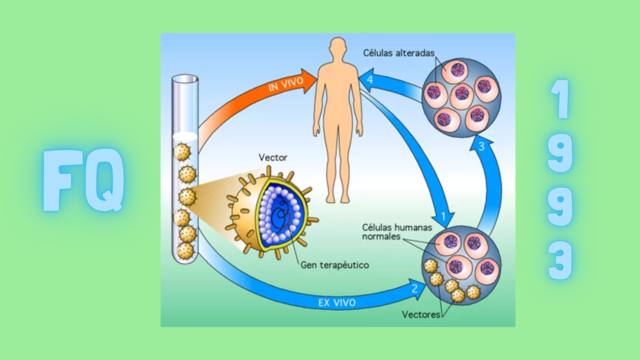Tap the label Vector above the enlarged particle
[273, 157]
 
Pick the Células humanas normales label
[394, 233]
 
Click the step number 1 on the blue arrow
[442, 215]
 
